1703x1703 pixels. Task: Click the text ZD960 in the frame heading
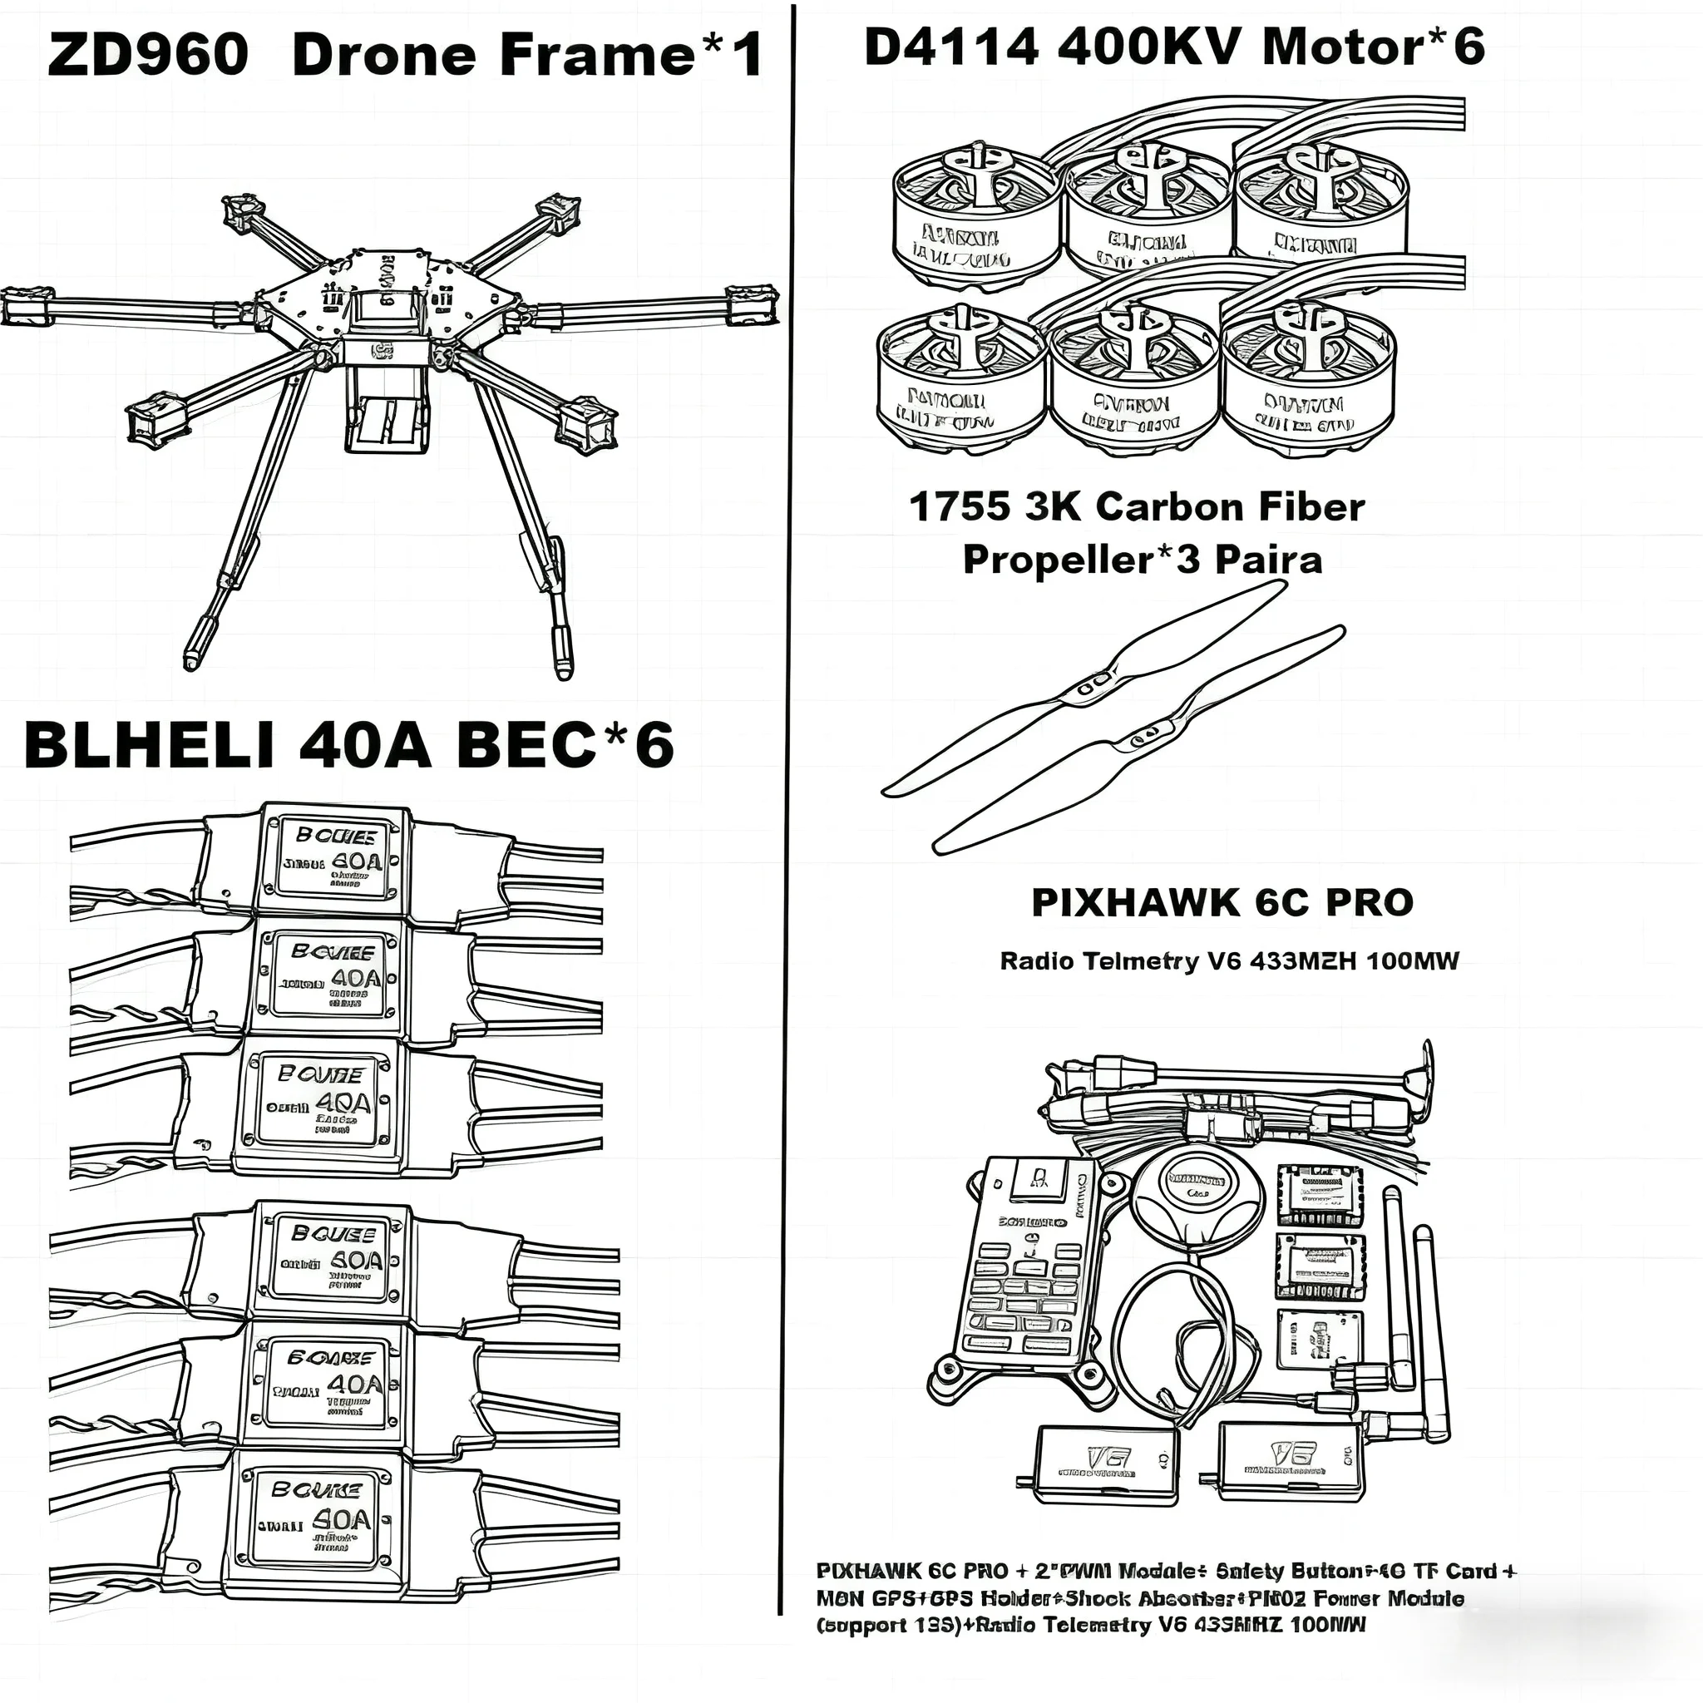(148, 55)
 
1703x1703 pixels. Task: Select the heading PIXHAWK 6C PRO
(1222, 901)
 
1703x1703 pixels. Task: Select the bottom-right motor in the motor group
(1308, 379)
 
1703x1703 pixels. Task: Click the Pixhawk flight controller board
(1031, 1261)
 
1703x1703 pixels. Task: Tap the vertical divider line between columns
(787, 793)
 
